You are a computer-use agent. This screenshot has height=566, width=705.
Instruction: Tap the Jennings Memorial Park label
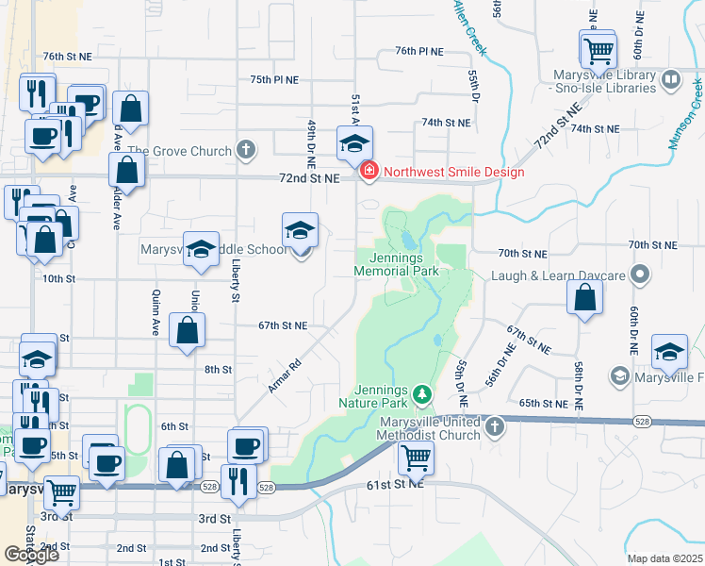397,263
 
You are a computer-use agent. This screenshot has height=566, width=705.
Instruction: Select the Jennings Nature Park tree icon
423,392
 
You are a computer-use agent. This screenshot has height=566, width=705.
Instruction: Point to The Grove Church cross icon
245,150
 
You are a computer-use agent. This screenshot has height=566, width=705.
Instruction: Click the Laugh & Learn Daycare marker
641,275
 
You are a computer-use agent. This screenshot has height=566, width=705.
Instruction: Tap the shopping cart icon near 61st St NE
416,458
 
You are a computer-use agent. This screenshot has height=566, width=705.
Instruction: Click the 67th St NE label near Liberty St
284,325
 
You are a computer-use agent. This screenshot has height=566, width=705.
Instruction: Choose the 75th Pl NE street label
274,81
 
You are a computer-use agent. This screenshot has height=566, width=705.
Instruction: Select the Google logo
31,555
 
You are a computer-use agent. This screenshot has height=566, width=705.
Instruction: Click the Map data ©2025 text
664,558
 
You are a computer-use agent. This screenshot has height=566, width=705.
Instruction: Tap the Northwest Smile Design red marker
369,172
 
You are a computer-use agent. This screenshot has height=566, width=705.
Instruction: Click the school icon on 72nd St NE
354,143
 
